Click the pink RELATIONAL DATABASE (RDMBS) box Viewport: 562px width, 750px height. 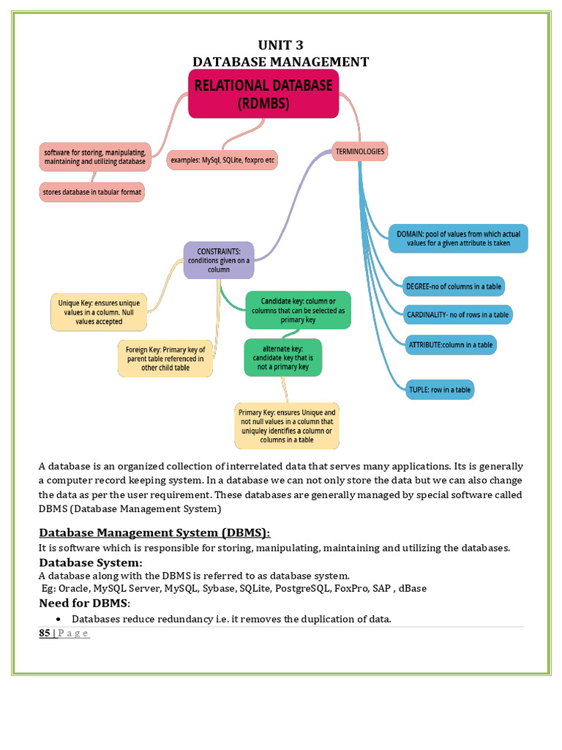click(x=263, y=94)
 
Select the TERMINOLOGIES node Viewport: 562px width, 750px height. click(x=359, y=152)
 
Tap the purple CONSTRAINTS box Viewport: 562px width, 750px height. click(x=219, y=260)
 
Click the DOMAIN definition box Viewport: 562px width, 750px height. click(x=458, y=239)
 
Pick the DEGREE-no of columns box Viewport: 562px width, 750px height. click(x=454, y=286)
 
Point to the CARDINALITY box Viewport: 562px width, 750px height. click(x=457, y=315)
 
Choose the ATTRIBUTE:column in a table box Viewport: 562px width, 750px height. click(x=451, y=344)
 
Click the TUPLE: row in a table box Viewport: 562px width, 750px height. click(x=440, y=390)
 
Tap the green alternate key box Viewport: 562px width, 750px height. click(x=282, y=357)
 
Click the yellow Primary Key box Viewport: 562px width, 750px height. click(x=287, y=426)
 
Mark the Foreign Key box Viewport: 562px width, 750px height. click(x=165, y=359)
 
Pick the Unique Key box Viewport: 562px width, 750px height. click(x=99, y=312)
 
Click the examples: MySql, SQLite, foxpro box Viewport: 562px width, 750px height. click(x=222, y=159)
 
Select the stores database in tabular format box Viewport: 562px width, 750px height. click(x=92, y=192)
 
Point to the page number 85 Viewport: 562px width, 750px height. click(x=44, y=634)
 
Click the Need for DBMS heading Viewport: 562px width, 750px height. click(x=83, y=604)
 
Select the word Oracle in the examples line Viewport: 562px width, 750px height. click(x=73, y=588)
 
